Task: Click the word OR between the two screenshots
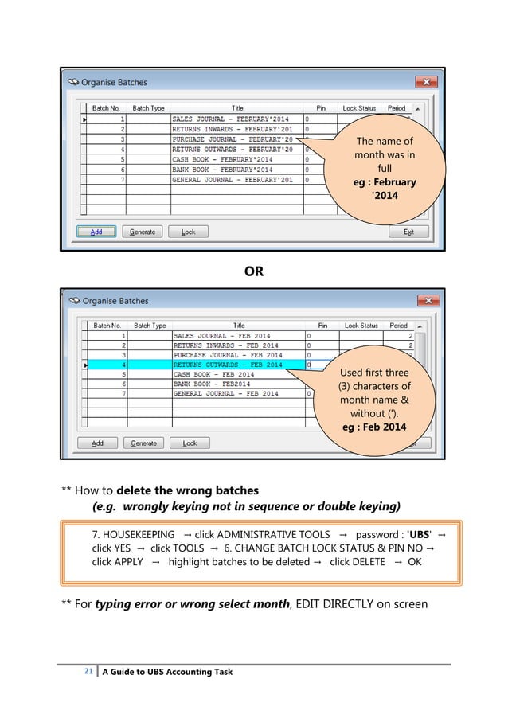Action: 253,271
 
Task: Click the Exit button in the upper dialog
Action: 408,232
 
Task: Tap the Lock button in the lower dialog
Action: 189,443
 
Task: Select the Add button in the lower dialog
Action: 96,443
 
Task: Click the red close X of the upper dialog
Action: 427,82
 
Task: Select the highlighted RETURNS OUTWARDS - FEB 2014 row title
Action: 228,365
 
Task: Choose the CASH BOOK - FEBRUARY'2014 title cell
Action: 222,159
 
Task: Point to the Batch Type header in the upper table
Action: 149,108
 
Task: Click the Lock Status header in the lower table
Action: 361,326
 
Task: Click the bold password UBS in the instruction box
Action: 419,534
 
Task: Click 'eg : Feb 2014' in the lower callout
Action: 373,427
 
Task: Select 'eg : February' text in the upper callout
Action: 385,182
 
